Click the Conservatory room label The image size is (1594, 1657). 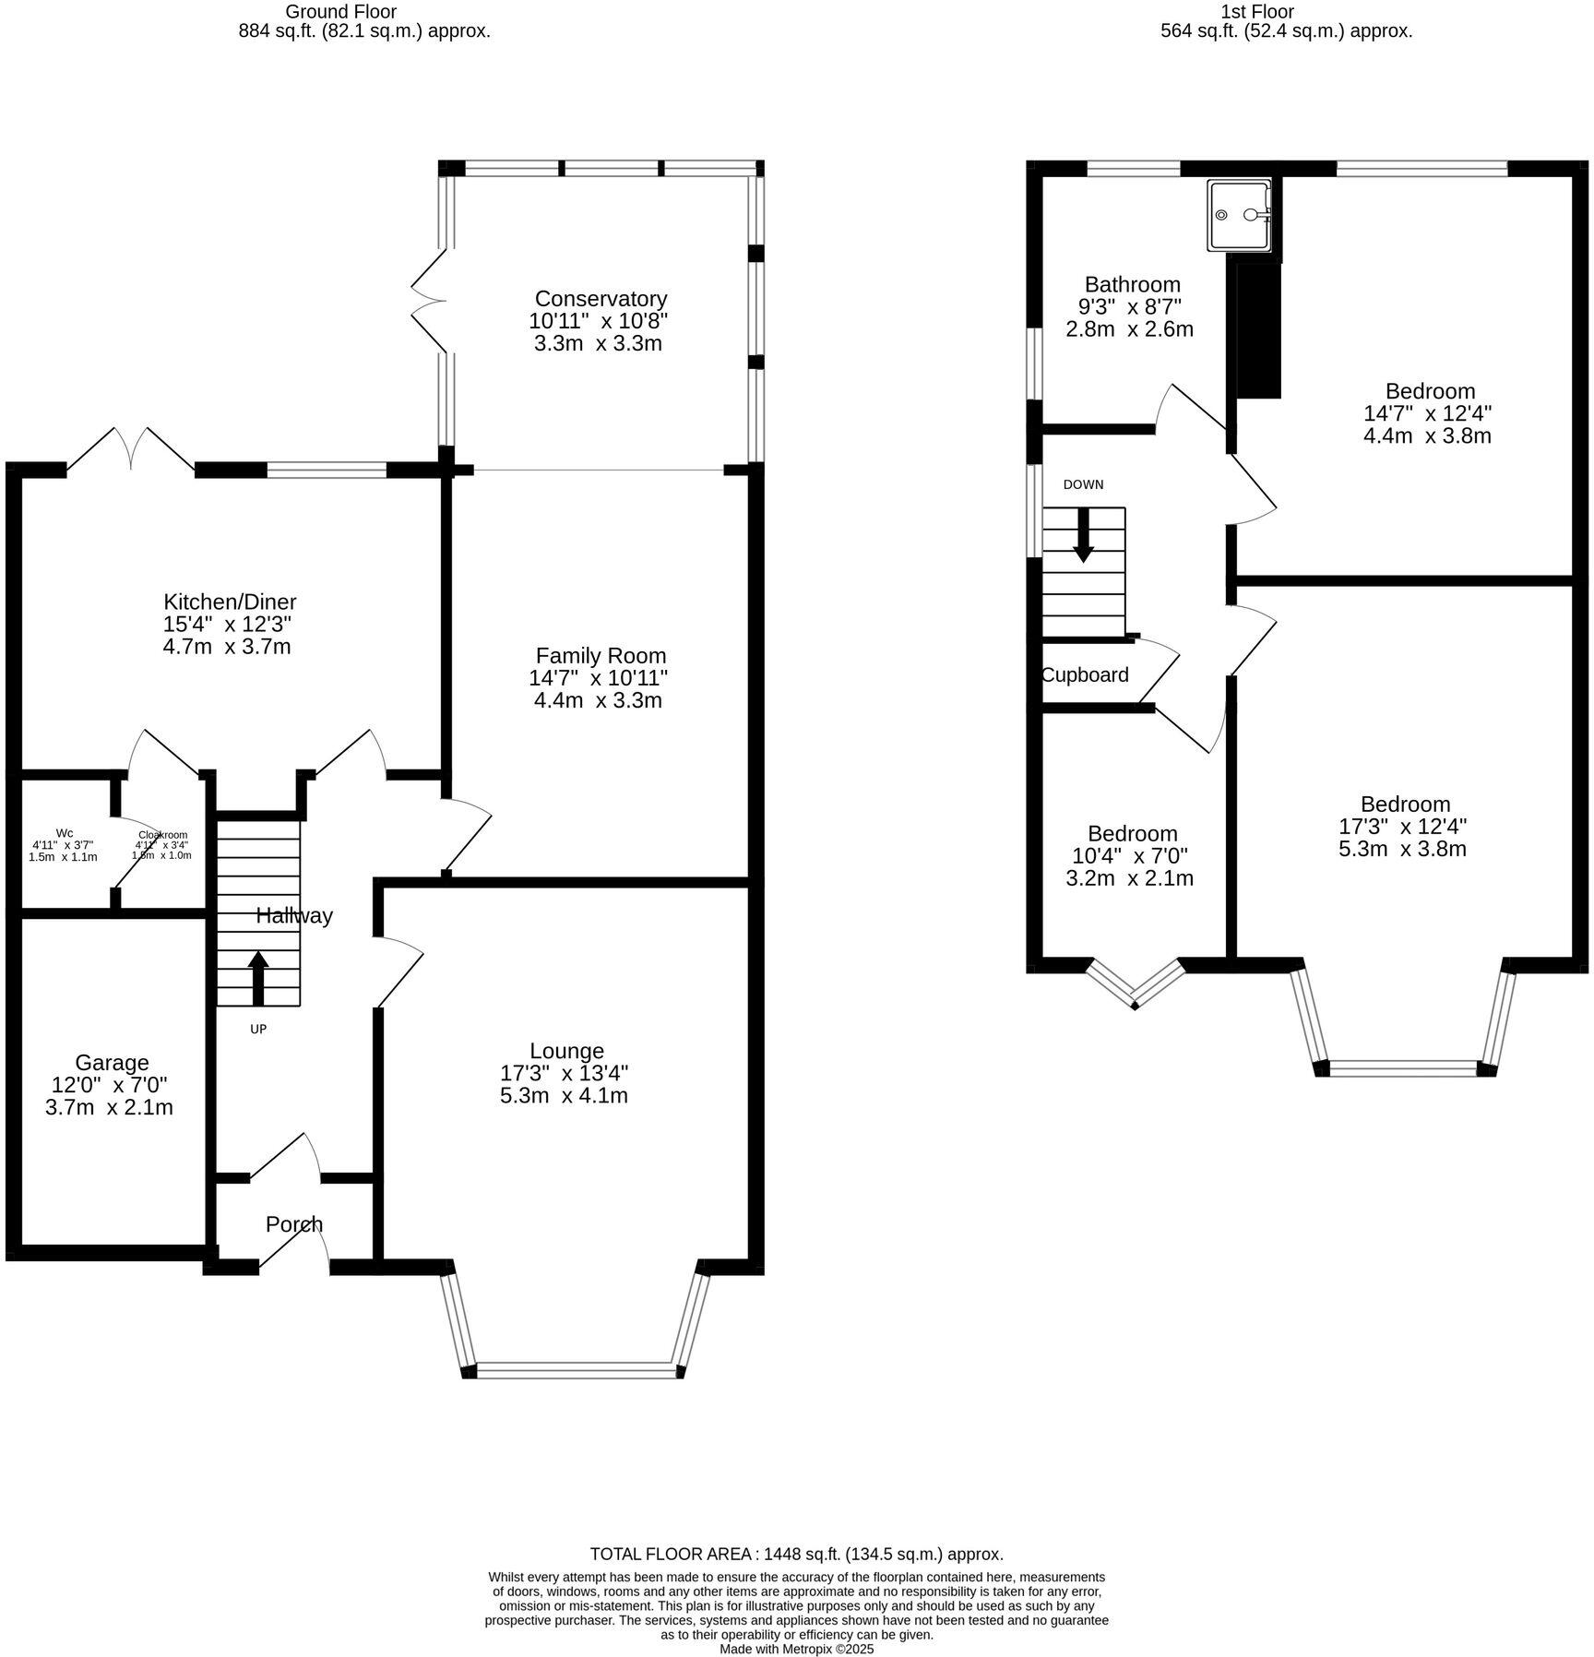601,299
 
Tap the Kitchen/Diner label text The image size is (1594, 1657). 230,602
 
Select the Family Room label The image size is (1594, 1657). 601,656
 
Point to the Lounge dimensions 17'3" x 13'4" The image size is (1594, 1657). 564,1073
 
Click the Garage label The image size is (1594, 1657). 112,1063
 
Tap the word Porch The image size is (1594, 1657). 294,1224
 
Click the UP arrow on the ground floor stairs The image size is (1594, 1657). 258,978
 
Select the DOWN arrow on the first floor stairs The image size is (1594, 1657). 1083,535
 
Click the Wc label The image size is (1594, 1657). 65,833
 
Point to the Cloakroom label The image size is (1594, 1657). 163,835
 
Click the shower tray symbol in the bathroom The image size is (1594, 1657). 1240,215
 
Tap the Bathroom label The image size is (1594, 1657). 1132,284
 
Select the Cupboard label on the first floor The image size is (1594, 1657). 1085,674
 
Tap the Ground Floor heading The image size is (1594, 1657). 341,12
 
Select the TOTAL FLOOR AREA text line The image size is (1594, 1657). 796,1554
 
